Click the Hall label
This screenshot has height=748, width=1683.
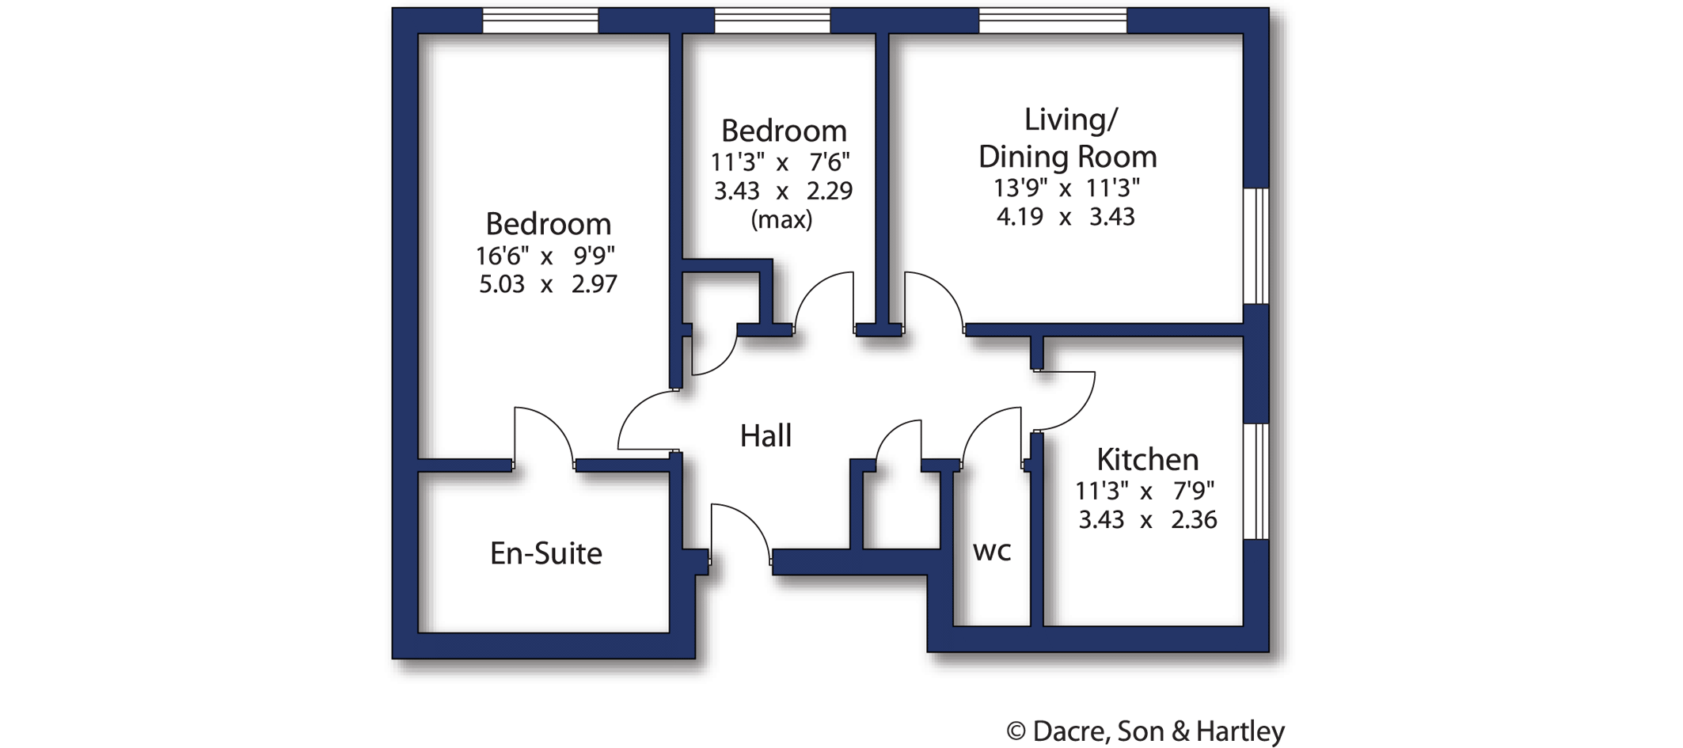click(766, 435)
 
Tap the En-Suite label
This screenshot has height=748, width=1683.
click(546, 553)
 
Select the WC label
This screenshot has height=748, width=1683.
click(992, 551)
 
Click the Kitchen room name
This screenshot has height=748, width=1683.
click(1147, 459)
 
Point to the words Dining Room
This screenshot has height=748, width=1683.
click(1067, 157)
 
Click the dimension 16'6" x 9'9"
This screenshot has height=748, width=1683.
click(545, 256)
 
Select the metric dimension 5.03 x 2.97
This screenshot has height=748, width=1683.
click(548, 284)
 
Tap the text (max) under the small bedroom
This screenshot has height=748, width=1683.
click(781, 219)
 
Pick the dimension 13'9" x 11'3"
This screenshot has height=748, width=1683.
click(1066, 188)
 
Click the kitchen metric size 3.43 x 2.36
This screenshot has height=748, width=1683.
click(1148, 520)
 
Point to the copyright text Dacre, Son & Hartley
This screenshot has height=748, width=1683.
click(1159, 731)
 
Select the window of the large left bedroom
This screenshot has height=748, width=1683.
click(541, 21)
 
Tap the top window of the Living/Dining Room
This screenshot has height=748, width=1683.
click(1053, 21)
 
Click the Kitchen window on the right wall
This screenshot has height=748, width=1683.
click(1256, 481)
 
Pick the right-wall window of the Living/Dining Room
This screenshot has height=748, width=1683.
click(1256, 246)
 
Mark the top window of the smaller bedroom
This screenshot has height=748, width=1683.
click(773, 21)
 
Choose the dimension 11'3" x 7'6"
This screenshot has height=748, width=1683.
click(781, 162)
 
